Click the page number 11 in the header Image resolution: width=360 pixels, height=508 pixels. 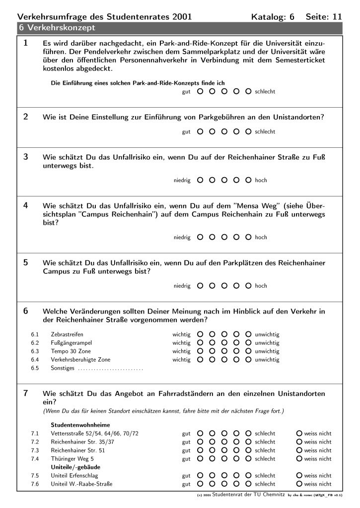click(x=337, y=16)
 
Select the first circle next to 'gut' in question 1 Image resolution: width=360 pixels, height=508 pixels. click(x=200, y=91)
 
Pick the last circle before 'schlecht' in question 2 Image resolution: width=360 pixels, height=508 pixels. click(x=248, y=131)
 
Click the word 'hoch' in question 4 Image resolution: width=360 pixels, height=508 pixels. click(x=261, y=237)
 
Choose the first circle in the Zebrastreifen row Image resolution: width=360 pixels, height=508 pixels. click(x=200, y=334)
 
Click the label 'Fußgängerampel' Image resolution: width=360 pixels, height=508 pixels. click(x=71, y=343)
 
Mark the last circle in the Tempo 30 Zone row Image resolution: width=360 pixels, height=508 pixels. click(x=248, y=351)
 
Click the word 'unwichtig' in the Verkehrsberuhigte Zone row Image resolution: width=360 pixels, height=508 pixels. click(x=267, y=360)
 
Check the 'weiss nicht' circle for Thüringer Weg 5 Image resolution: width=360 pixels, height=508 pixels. click(x=299, y=459)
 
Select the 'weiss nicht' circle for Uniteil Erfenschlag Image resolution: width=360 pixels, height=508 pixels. click(x=299, y=475)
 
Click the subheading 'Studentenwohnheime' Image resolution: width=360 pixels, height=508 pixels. click(x=80, y=425)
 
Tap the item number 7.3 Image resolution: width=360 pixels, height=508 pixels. click(x=35, y=450)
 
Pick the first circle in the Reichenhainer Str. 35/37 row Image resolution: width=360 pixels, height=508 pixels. click(x=200, y=442)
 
